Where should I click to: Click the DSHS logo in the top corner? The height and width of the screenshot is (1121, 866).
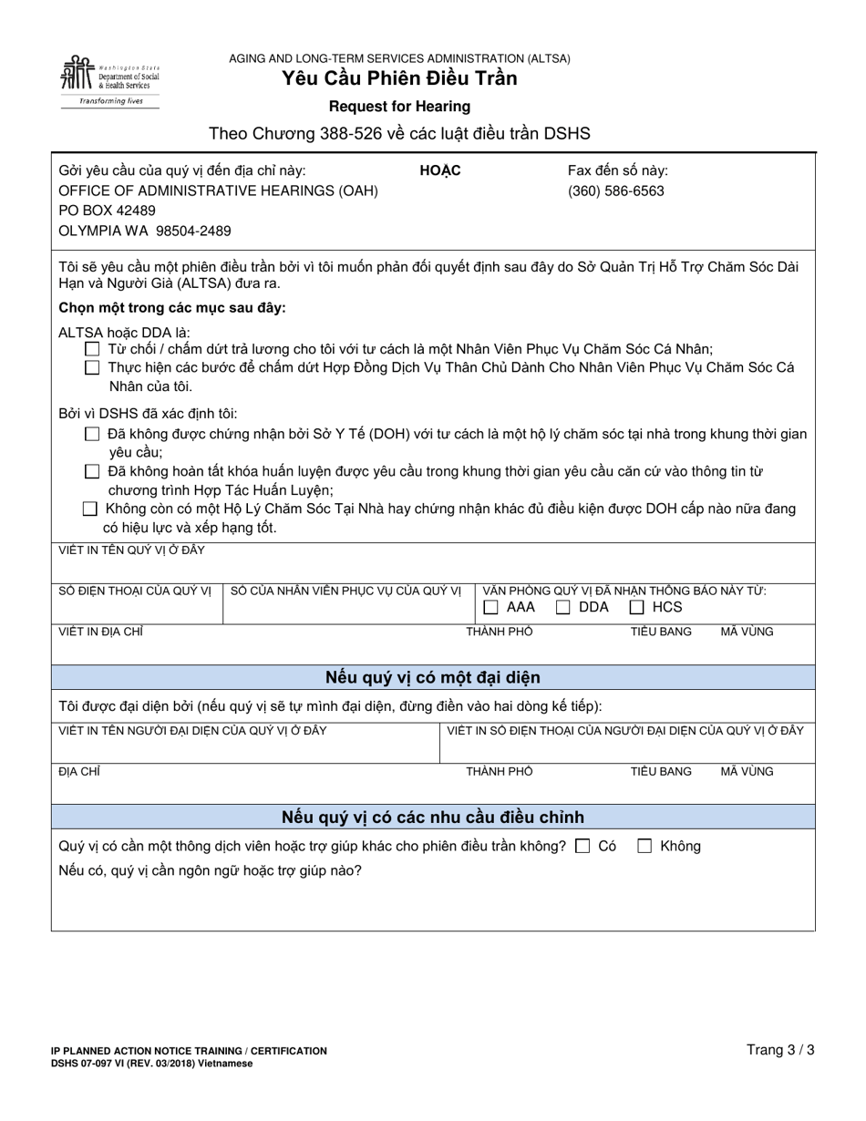tap(109, 80)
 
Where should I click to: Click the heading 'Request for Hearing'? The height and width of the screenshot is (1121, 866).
tap(399, 107)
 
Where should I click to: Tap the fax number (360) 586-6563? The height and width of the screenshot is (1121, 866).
tap(616, 191)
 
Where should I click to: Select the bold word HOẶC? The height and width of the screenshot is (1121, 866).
tap(440, 171)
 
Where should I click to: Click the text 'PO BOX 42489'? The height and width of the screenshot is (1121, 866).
tap(107, 211)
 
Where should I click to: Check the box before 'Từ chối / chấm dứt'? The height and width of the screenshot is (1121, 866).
tap(91, 349)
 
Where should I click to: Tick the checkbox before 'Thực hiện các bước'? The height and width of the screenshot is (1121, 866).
tap(91, 368)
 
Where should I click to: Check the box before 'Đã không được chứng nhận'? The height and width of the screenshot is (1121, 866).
tap(91, 435)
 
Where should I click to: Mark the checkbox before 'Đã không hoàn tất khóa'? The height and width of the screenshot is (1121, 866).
tap(91, 472)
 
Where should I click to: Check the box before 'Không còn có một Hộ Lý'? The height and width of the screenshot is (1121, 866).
tap(89, 509)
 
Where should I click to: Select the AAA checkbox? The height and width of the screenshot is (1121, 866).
tap(491, 608)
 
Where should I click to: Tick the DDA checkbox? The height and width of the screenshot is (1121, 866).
tap(564, 608)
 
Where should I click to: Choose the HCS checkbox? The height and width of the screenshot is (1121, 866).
tap(637, 608)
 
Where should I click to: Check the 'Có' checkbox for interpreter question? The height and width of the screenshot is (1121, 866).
tap(583, 847)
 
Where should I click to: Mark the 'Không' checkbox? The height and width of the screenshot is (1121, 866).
tap(644, 847)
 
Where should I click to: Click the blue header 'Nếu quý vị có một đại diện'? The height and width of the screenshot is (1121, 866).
tap(433, 678)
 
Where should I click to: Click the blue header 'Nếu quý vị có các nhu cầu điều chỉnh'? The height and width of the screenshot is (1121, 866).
tap(433, 818)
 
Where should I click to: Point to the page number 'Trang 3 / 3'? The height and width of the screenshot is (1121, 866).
tap(780, 1050)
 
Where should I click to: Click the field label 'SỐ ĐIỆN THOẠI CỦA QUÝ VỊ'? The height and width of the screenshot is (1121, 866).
tap(135, 591)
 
